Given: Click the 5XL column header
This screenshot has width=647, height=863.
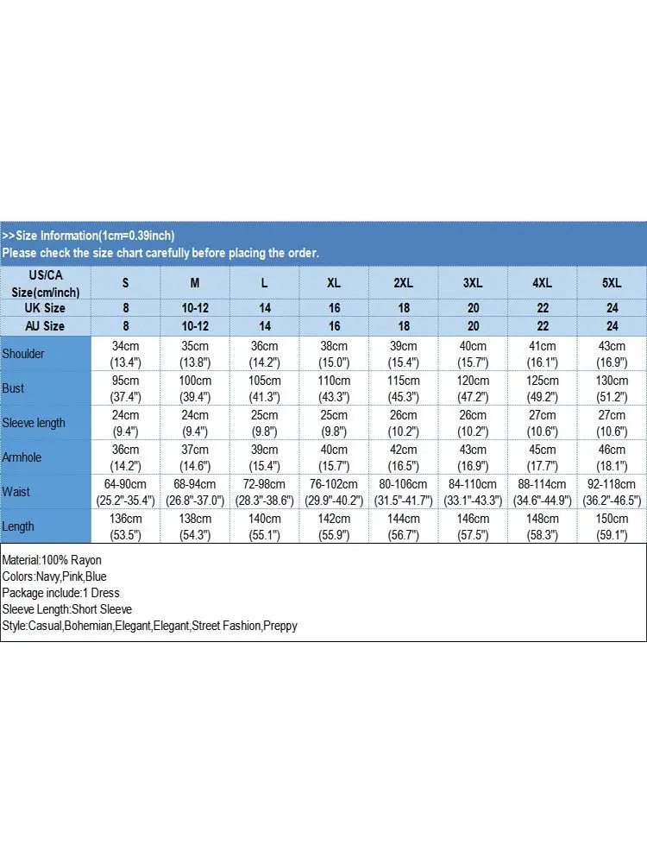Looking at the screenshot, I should pos(612,283).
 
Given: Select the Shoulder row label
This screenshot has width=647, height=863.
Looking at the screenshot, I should pos(23,354).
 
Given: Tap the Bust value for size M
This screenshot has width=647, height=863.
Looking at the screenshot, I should pos(195,388).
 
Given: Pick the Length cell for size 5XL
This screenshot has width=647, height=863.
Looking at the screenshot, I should pos(612,526).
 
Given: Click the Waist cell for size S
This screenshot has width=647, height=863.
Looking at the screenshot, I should pos(125,492).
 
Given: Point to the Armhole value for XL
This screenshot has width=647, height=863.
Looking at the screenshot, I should pos(334,457).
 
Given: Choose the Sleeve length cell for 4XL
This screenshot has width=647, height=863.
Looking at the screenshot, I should pos(542,423).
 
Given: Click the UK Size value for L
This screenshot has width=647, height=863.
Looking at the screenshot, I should pos(265,308).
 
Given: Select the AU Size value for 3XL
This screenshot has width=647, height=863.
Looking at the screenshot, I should pos(473,326).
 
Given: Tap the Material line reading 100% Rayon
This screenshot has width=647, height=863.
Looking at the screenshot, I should pos(52,560).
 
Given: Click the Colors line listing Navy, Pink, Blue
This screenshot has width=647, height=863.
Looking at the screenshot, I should pos(54,576).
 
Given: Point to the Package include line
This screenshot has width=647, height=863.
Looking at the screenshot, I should pos(60,593).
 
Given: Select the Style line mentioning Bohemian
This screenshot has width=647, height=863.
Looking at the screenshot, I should pos(149,626).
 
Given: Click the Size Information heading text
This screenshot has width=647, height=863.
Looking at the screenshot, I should pos(88,236).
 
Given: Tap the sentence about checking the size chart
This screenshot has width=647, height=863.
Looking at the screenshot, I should pos(160,253).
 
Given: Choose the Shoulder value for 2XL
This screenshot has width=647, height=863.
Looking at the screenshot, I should pos(403,354).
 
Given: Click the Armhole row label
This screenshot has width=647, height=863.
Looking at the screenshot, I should pos(23,457).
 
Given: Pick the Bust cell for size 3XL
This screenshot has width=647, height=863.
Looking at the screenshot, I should pos(473,388).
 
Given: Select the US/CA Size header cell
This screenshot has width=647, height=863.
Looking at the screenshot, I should pos(45,283).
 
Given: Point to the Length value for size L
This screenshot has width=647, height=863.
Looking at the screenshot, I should pos(265,526).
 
